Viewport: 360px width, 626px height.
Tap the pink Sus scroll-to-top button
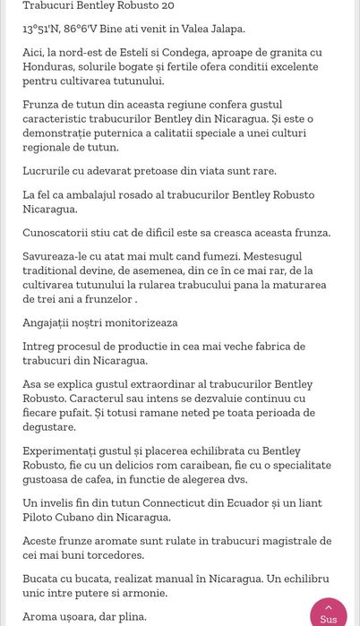[x=329, y=613]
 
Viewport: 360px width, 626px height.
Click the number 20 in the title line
[x=167, y=5]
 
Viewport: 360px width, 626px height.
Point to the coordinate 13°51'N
[x=41, y=29]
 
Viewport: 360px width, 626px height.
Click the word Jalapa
[x=226, y=29]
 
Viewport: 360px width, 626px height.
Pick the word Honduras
[x=51, y=67]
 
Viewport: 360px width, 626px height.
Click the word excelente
[x=289, y=67]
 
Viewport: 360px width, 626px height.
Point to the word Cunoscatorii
[x=61, y=233]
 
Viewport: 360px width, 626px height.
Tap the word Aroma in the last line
[x=41, y=617]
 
